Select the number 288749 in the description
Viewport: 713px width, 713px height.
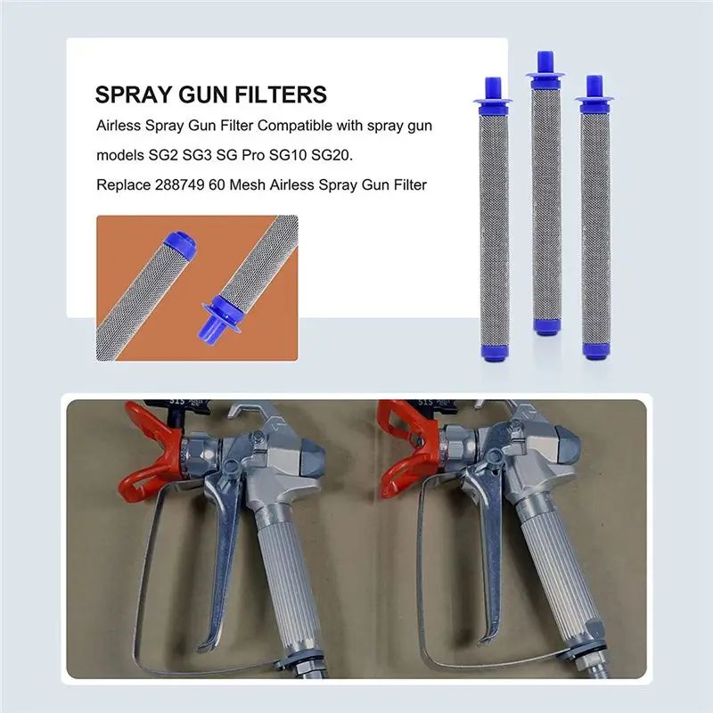(x=180, y=185)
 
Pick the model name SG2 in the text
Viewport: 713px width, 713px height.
(x=163, y=155)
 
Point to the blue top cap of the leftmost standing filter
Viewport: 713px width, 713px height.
(x=493, y=92)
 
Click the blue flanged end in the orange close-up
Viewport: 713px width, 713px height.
(x=219, y=316)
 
